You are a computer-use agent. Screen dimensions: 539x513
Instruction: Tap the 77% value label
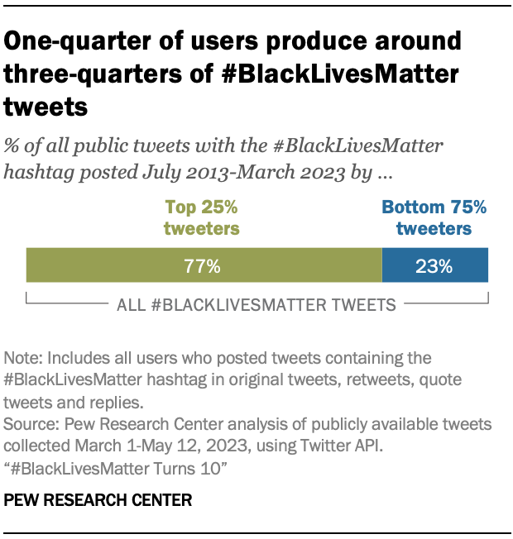click(x=203, y=266)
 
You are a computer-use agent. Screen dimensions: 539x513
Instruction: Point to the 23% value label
click(x=434, y=266)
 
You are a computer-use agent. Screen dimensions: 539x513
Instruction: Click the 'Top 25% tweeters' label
click(x=203, y=217)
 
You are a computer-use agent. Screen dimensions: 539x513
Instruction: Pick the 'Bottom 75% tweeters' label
click(x=434, y=217)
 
